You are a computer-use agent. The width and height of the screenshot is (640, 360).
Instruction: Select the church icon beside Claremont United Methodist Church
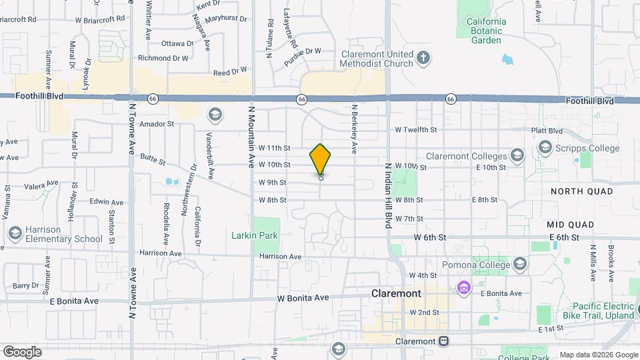[423, 59]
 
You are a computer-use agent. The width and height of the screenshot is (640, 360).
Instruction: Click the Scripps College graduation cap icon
[545, 148]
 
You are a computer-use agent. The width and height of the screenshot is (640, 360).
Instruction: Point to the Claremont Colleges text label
[467, 156]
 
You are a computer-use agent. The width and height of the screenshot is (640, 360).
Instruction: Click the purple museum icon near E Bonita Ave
[464, 288]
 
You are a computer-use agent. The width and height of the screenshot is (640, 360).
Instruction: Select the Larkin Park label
[254, 235]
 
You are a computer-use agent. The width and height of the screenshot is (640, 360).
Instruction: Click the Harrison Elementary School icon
[15, 233]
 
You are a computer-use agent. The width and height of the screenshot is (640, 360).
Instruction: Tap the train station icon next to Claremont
[443, 341]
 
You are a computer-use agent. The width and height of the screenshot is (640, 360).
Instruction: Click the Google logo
[22, 351]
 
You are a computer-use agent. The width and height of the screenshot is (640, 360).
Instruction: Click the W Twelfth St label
[415, 129]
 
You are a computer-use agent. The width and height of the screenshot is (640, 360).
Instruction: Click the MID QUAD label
[570, 225]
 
